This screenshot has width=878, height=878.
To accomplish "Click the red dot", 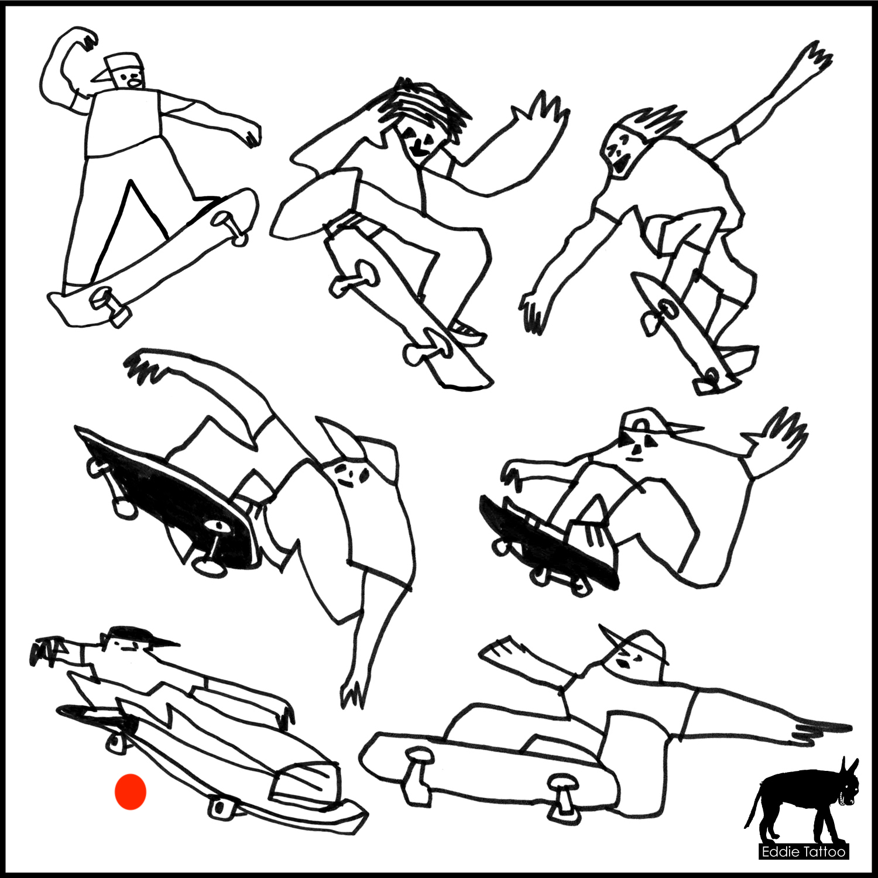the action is click(130, 791).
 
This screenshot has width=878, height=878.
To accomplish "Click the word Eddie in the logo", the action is click(780, 852).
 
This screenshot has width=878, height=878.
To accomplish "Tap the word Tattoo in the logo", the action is click(824, 852).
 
